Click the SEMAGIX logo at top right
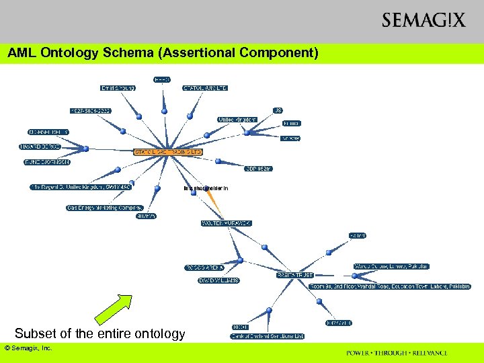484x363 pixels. [423, 20]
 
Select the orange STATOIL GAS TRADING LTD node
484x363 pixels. [167, 153]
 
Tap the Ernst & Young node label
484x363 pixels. [118, 88]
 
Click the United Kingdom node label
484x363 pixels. [237, 120]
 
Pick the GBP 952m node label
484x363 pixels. [258, 169]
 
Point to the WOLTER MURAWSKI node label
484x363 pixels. [226, 223]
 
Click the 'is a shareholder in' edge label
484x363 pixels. [206, 189]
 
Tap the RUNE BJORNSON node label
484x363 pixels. [47, 162]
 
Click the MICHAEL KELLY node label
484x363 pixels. [48, 132]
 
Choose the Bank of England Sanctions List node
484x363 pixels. [268, 336]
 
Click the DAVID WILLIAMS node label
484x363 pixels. [218, 280]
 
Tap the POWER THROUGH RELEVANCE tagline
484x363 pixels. [397, 353]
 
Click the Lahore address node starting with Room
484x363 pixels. [390, 286]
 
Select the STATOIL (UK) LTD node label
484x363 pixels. [205, 88]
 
